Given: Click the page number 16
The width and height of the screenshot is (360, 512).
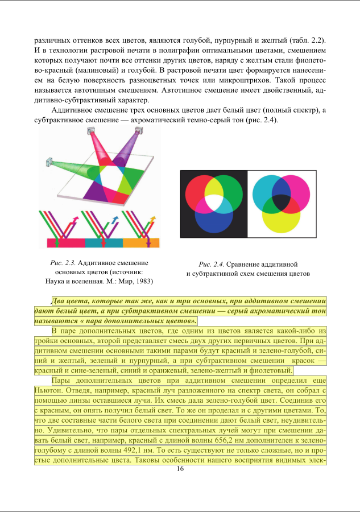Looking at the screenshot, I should (x=180, y=469).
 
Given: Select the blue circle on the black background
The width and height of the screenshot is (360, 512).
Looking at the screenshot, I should (x=214, y=219).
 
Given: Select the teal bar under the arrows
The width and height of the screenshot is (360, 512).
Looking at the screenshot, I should (x=104, y=243).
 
